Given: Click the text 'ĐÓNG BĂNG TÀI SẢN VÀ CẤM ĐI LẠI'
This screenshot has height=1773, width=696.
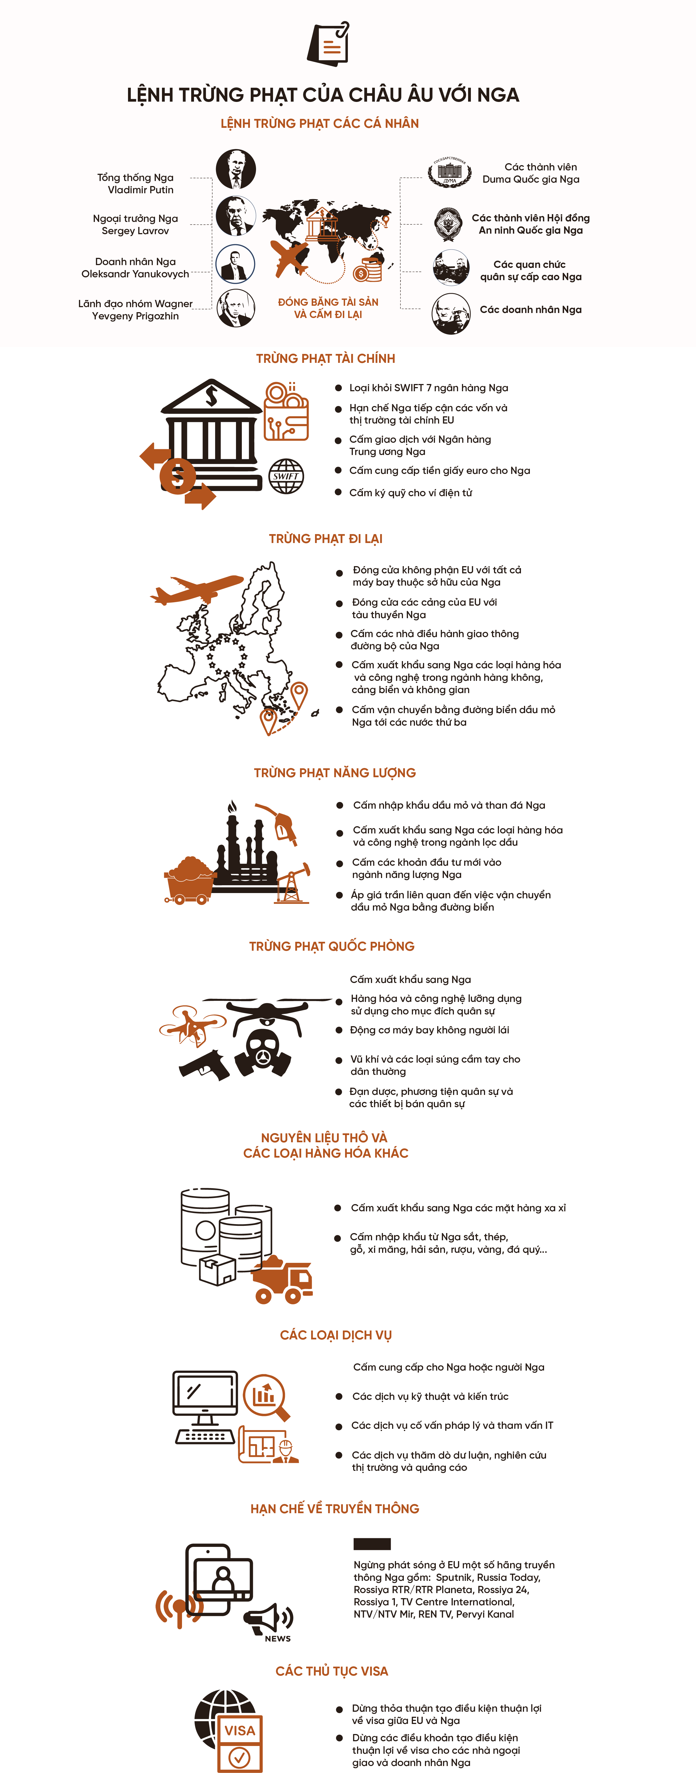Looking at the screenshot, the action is (328, 308).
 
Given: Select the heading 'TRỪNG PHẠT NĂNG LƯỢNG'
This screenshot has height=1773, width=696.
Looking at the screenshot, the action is (335, 773).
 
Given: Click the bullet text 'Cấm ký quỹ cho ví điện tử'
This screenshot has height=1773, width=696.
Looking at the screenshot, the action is (410, 493).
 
